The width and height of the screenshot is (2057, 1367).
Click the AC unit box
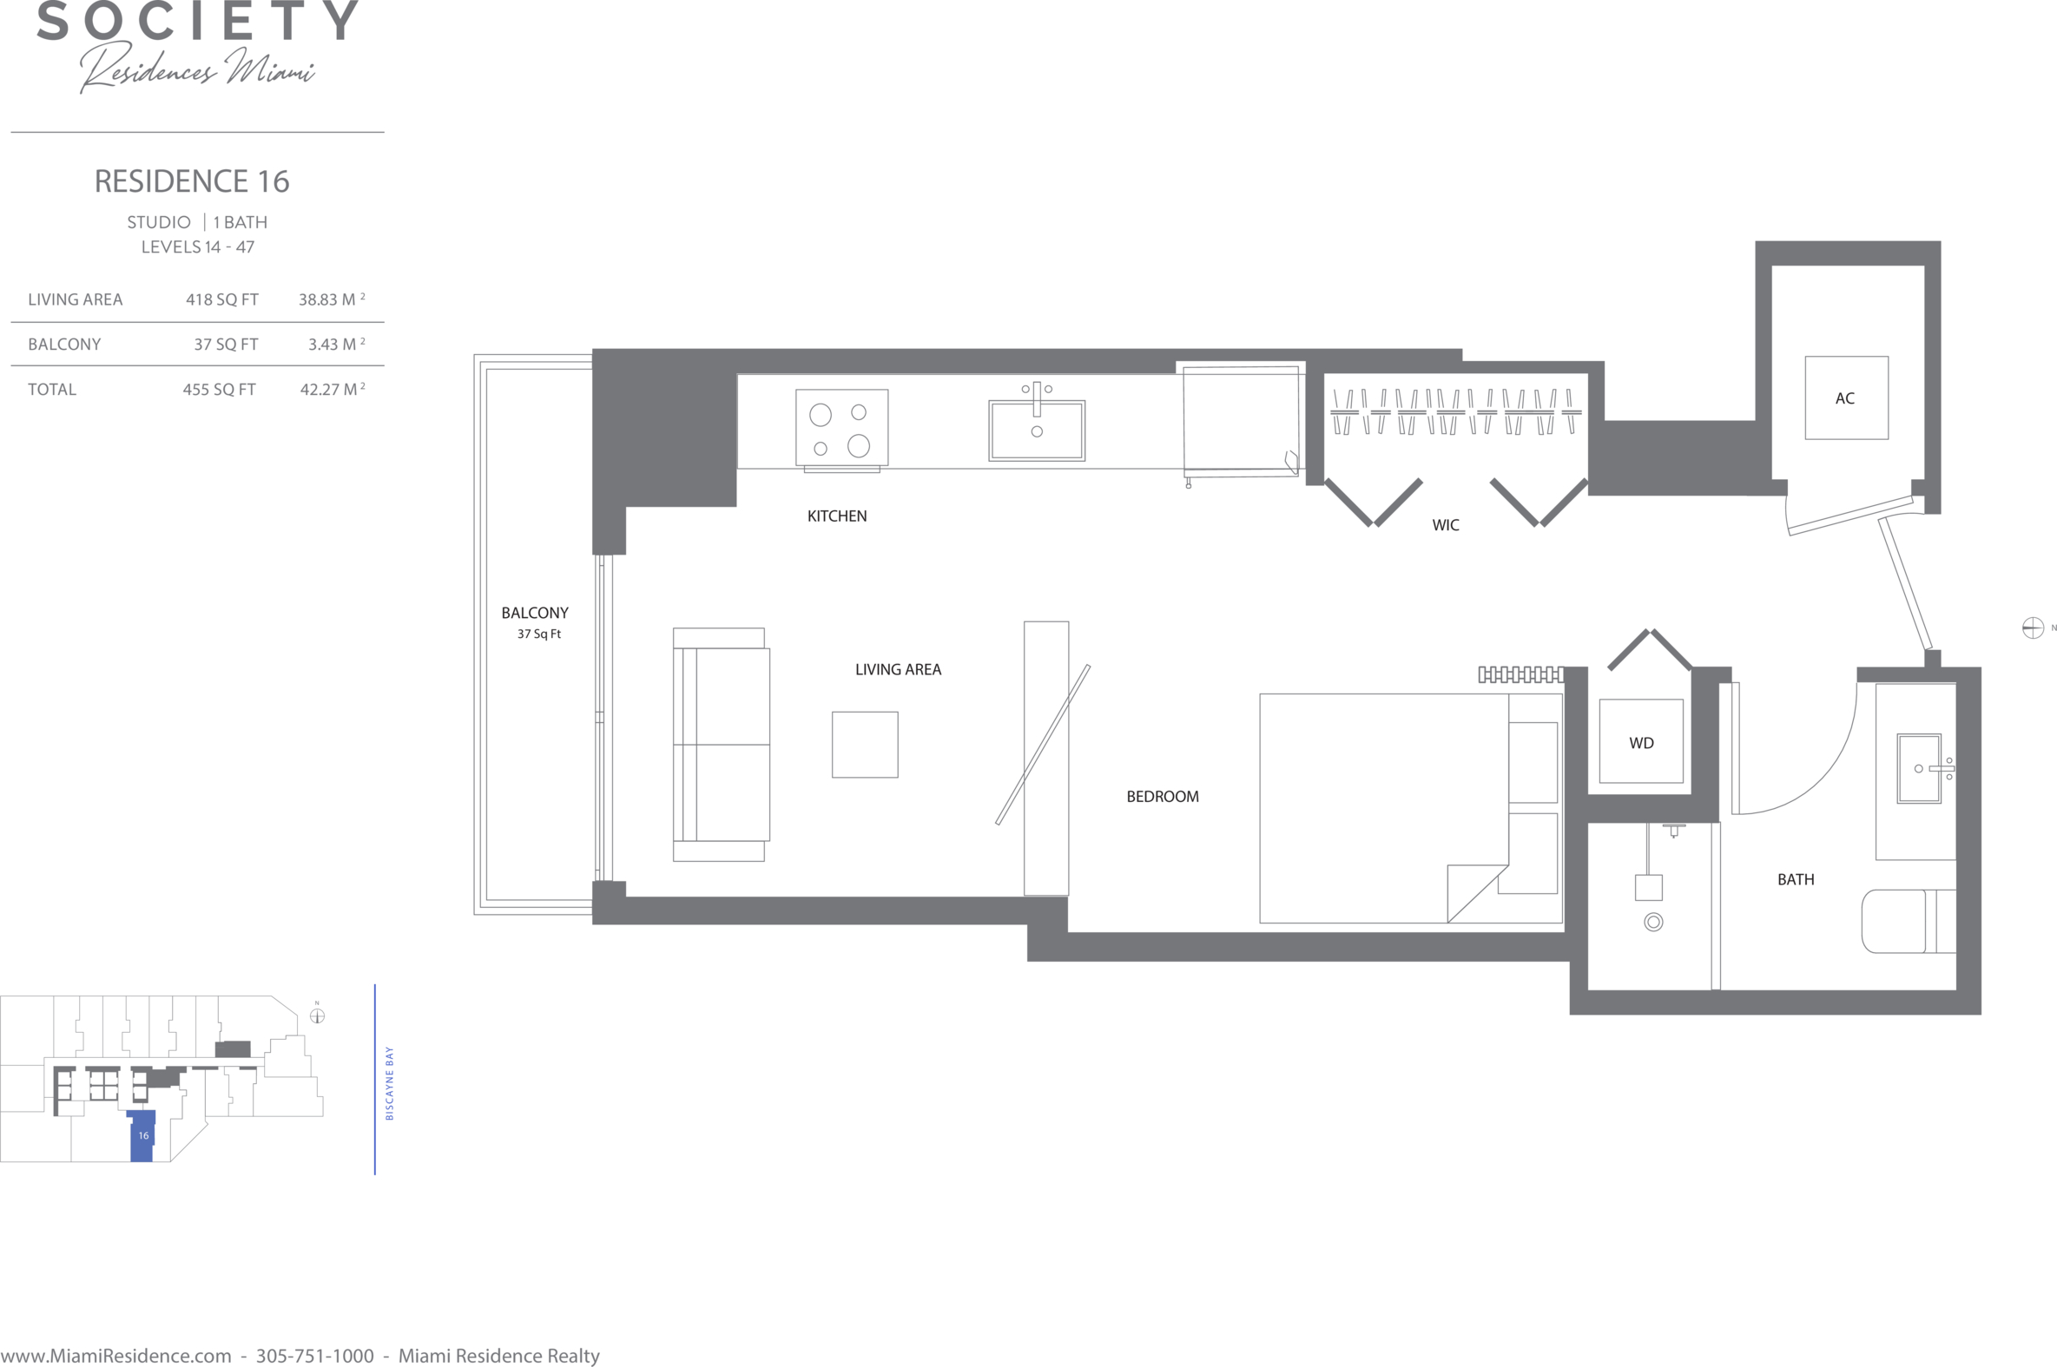(x=1846, y=398)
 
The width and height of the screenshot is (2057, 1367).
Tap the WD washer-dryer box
(x=1641, y=741)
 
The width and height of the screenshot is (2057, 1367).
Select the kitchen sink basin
(x=1037, y=430)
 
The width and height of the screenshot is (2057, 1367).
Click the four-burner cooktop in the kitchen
(x=841, y=427)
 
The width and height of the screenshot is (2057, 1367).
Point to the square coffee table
(x=865, y=745)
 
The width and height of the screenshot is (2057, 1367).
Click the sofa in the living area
(x=722, y=745)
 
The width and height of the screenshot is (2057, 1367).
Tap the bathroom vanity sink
(x=1919, y=768)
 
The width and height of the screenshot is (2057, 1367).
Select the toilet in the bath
(x=1909, y=921)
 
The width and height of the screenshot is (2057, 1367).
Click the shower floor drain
(x=1653, y=922)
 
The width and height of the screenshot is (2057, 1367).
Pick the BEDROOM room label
(x=1163, y=796)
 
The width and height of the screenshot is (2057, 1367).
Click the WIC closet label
(x=1446, y=525)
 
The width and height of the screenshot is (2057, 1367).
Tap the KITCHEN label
(x=837, y=516)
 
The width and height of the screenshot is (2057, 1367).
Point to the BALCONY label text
(x=535, y=613)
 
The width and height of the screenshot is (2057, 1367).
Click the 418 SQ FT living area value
(x=222, y=299)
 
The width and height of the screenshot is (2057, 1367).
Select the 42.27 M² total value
(x=333, y=389)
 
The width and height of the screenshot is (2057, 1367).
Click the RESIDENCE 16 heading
(x=192, y=181)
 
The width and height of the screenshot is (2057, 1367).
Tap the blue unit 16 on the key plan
(x=142, y=1136)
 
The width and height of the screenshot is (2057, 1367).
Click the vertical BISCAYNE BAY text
(x=390, y=1084)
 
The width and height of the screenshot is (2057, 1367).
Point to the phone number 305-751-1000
(x=315, y=1356)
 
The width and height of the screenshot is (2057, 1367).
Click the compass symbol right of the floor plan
(x=2033, y=628)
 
